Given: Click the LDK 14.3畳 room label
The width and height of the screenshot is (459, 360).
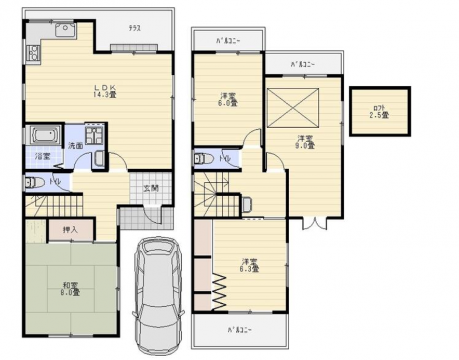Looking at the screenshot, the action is [x=105, y=91].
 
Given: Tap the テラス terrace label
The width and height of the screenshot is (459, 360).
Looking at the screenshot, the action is [x=135, y=28].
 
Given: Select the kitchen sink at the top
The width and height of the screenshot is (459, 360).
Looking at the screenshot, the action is [x=66, y=30].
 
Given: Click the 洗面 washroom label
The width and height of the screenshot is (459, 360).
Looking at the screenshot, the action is [x=75, y=145].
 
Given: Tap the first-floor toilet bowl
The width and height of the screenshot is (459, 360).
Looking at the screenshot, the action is [x=35, y=183].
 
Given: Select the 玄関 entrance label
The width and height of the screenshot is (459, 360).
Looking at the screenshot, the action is [x=151, y=188].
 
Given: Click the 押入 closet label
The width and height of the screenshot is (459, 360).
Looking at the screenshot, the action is [x=70, y=229].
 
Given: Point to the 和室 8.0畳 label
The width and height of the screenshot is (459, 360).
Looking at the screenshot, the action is [x=71, y=288].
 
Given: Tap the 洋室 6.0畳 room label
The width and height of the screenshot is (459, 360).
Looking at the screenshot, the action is [x=229, y=99].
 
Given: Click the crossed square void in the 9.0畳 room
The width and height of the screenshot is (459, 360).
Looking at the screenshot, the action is [x=293, y=108].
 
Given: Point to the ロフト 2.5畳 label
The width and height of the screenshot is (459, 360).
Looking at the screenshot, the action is [x=379, y=112].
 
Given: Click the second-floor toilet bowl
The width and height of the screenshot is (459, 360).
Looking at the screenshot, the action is [x=203, y=158].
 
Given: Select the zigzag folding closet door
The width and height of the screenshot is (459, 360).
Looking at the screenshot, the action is [x=220, y=291].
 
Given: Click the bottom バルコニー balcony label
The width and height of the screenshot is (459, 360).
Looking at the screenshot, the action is [x=240, y=330].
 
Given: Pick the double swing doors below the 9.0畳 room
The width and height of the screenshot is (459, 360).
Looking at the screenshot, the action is [x=315, y=224].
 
